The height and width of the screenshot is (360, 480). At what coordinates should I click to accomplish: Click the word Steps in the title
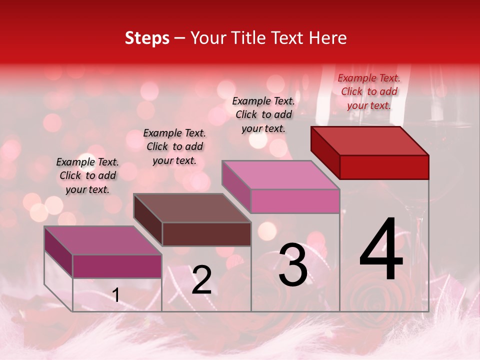point(147,38)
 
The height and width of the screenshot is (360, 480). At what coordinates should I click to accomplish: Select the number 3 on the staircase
point(292,264)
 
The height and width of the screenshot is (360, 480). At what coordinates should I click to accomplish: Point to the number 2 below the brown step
point(201,280)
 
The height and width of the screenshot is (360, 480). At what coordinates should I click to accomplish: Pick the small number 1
point(115,295)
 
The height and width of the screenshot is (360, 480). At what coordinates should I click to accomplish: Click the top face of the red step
point(370,140)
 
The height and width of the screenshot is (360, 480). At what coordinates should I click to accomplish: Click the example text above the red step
point(369,91)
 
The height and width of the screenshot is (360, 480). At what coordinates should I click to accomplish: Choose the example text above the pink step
point(263,114)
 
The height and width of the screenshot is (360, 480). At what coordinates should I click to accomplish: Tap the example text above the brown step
point(174,146)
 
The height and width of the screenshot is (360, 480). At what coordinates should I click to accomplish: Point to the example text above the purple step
point(87,175)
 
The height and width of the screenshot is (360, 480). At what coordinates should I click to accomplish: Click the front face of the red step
point(384,167)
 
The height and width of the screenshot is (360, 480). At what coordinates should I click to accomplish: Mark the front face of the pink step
point(295,201)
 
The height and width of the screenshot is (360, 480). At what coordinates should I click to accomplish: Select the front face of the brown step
point(206,234)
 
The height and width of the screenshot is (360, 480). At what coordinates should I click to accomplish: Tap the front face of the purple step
point(117,266)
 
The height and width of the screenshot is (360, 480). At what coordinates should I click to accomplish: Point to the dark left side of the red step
point(325,151)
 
